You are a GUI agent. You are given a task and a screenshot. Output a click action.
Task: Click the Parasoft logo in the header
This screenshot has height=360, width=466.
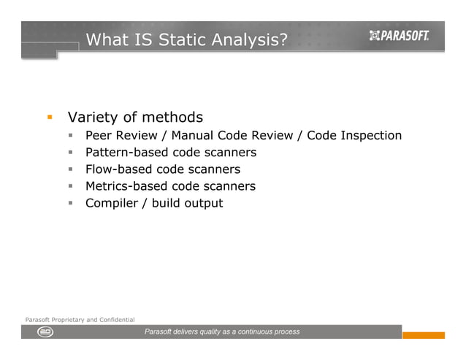[x=399, y=36]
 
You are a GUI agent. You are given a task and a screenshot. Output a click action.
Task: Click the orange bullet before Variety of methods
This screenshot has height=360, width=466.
[x=50, y=117]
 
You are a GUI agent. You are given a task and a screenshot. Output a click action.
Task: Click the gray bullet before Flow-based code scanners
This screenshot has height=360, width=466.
[x=72, y=169]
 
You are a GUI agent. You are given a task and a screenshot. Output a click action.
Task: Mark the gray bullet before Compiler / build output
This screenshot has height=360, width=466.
[x=72, y=203]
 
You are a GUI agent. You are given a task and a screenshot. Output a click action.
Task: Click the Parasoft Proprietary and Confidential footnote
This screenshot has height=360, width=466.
[x=80, y=320]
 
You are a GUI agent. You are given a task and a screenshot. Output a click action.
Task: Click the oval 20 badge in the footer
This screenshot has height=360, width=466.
[x=45, y=332]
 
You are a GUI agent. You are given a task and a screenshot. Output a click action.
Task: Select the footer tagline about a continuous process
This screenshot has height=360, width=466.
[x=222, y=332]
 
